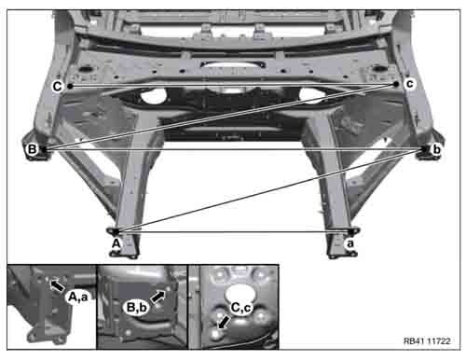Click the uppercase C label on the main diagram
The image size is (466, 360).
58,86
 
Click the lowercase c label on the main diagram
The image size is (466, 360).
410,84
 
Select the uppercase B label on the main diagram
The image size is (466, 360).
33,149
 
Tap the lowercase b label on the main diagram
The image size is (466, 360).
436,149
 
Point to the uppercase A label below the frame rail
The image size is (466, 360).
116,243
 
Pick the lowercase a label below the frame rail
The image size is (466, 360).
350,243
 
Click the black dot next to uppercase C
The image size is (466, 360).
71,86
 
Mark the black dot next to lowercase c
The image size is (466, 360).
396,84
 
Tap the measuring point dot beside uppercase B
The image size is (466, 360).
44,149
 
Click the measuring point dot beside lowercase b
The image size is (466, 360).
424,149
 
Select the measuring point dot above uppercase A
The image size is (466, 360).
116,231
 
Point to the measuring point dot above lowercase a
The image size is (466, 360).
351,231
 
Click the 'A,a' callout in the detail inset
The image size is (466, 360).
77,297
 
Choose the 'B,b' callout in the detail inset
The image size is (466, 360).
137,308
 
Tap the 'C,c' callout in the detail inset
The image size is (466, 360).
241,308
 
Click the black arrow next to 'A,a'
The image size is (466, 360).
57,285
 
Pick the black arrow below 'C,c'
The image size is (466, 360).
225,322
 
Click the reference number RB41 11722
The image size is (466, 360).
427,341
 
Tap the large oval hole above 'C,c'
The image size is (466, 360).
240,294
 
